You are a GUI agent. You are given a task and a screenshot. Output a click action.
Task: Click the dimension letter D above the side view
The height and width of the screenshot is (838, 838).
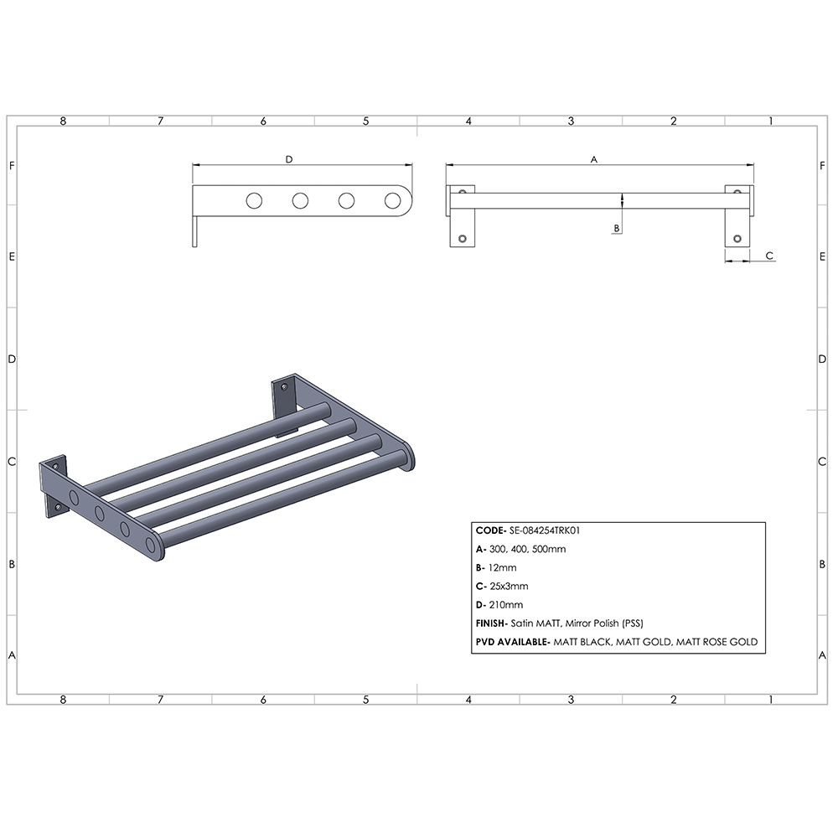289,158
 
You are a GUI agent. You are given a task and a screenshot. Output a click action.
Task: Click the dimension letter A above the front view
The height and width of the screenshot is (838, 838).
594,158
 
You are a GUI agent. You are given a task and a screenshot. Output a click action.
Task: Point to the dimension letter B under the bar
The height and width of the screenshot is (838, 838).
617,227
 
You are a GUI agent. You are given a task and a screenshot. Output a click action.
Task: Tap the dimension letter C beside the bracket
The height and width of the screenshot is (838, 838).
769,256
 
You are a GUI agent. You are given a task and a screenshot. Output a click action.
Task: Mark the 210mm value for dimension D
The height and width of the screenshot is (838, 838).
507,604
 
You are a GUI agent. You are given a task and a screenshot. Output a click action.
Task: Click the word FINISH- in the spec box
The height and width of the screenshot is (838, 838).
492,623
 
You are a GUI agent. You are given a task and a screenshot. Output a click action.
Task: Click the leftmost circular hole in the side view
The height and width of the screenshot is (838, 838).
254,200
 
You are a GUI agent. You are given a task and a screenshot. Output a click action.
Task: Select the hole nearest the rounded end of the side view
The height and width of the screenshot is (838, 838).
392,200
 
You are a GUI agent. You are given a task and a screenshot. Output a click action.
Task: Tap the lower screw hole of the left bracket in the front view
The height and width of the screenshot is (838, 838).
461,239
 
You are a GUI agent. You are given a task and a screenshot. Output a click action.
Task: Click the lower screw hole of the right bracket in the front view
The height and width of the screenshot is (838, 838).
737,239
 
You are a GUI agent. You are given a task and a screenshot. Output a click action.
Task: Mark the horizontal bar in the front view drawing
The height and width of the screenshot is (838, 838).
599,200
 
